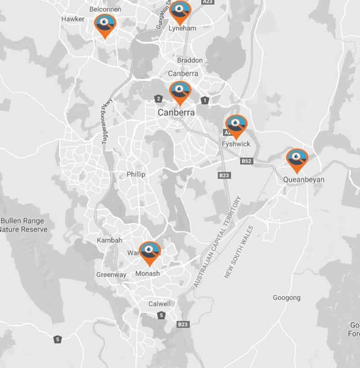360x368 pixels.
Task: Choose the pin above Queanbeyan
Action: tap(297, 159)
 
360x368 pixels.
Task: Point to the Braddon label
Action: tap(190, 60)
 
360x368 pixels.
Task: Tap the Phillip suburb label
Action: tap(136, 175)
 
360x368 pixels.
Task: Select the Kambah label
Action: tap(109, 241)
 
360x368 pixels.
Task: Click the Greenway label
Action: tap(111, 275)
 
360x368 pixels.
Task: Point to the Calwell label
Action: tap(160, 304)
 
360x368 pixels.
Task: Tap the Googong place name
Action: tap(287, 298)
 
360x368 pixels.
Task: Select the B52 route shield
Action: tap(246, 161)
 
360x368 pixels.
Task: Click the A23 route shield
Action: tap(208, 2)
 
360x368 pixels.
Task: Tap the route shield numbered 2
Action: tap(158, 99)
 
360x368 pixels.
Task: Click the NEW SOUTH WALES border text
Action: tap(239, 252)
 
